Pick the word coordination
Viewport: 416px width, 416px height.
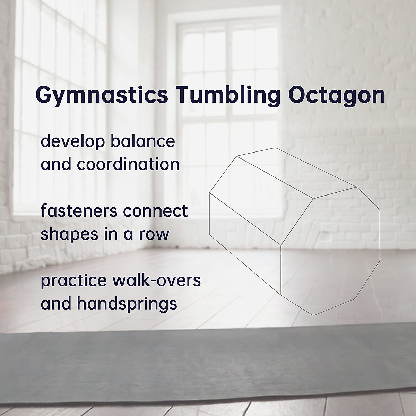(x=128, y=164)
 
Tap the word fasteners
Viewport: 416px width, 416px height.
(x=79, y=211)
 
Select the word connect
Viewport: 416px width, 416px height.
(x=155, y=211)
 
